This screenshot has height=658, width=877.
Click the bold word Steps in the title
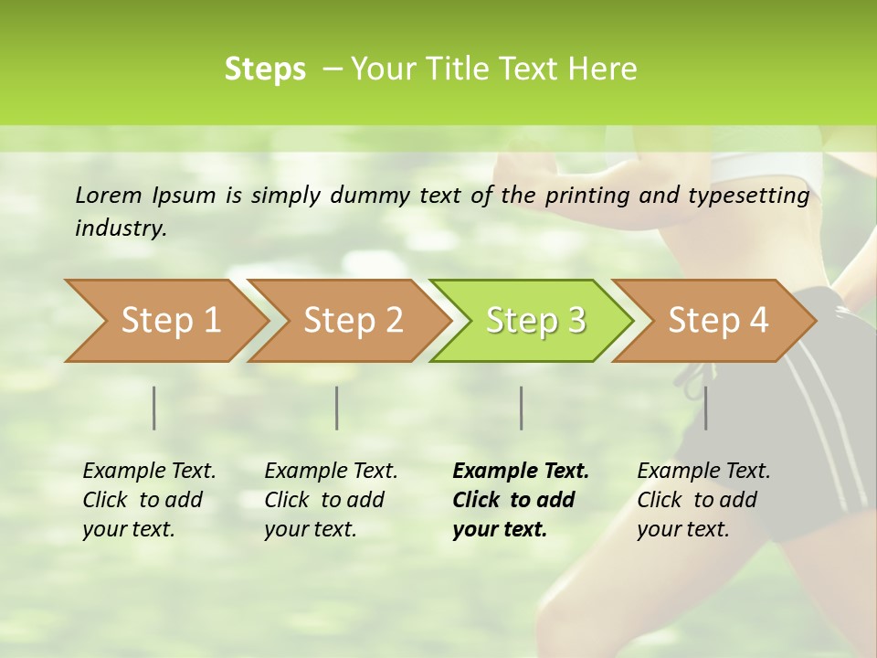coord(265,69)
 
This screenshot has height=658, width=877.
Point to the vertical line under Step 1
coord(154,408)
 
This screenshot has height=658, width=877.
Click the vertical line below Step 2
coord(337,408)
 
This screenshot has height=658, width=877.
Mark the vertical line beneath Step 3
coord(521,408)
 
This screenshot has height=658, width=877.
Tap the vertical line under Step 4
coord(705,408)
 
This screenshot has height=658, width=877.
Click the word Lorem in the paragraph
coord(109,195)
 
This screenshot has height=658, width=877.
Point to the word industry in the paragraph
coord(121,228)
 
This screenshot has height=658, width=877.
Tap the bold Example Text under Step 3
coord(521,471)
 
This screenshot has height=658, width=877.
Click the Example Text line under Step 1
coord(149,471)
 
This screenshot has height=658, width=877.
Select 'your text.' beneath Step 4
coord(683,529)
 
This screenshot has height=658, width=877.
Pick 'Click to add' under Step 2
coord(324,500)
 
